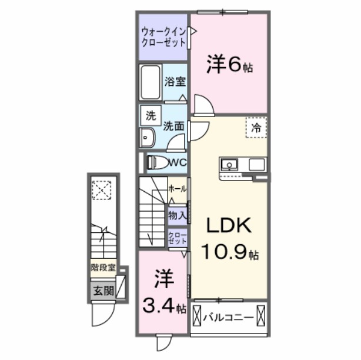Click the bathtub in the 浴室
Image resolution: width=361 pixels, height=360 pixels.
[x=150, y=82]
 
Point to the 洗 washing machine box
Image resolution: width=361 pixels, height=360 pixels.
[x=150, y=116]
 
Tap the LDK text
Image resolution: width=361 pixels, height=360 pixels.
[x=229, y=225]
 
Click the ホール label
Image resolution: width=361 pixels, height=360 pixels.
[x=177, y=189]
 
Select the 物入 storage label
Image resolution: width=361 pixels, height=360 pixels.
[x=177, y=215]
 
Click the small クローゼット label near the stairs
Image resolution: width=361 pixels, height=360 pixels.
[x=177, y=238]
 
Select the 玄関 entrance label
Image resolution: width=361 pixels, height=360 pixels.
[x=101, y=290]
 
